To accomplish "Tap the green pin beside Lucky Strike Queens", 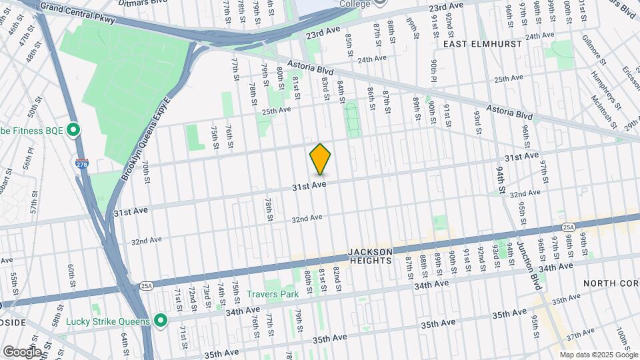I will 160,321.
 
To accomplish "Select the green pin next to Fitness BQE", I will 73,129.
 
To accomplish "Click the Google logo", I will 21,351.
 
